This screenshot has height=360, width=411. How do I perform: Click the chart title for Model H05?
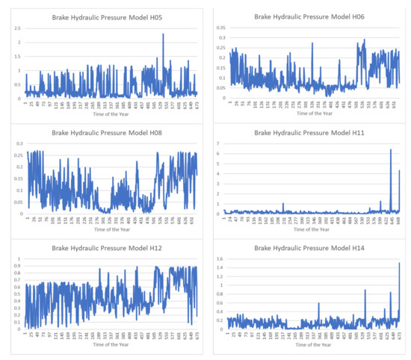[102, 16]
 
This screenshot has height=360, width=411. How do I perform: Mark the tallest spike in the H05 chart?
[163, 34]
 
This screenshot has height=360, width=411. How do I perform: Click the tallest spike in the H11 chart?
[390, 150]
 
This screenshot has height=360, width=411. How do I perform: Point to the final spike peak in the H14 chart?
[400, 263]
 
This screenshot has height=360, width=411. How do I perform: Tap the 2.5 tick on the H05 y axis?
[17, 28]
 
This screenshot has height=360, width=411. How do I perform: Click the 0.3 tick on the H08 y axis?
[17, 143]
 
